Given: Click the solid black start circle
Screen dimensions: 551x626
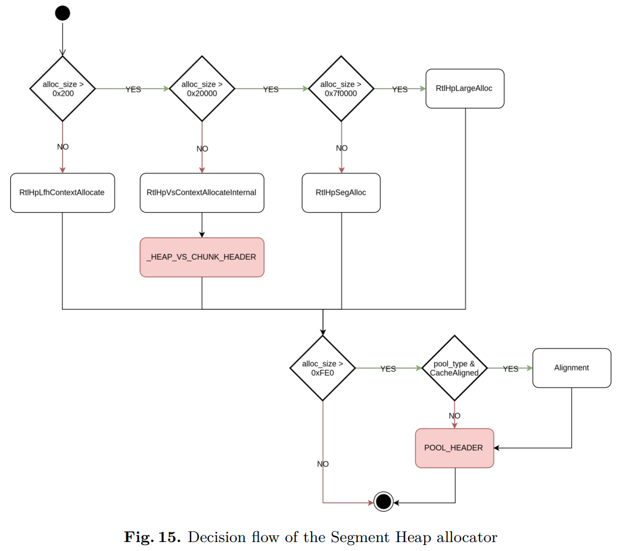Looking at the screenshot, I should [63, 13].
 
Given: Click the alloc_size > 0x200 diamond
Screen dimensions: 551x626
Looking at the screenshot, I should [63, 89].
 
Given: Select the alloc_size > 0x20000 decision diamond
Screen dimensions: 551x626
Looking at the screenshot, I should [202, 89].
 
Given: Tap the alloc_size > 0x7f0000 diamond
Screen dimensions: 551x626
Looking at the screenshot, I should [341, 89].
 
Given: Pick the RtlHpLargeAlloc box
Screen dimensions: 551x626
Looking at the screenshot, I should [465, 89].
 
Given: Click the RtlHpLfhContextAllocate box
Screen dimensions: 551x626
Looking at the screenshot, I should [63, 192].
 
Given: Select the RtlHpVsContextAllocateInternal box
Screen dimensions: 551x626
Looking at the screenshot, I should [202, 192].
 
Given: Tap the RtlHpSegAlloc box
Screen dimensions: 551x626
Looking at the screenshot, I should [341, 192].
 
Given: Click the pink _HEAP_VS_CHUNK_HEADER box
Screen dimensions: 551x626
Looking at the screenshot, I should [202, 257].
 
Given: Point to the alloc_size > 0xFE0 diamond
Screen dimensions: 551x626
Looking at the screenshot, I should [323, 368].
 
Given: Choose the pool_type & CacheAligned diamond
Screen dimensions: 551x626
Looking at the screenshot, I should [454, 368].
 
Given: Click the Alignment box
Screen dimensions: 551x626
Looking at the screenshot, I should [571, 368].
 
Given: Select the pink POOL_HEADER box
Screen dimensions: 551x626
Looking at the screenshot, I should [454, 448].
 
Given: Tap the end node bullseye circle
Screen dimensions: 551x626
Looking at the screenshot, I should [384, 502].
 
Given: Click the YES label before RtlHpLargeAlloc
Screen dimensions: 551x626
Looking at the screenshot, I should [400, 89].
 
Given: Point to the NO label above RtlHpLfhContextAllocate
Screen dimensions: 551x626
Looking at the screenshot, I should [63, 147].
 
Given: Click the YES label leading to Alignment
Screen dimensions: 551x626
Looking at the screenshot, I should [510, 369].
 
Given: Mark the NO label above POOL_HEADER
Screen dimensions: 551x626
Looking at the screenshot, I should [454, 416].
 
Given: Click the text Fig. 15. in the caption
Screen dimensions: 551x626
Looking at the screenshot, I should [152, 537].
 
